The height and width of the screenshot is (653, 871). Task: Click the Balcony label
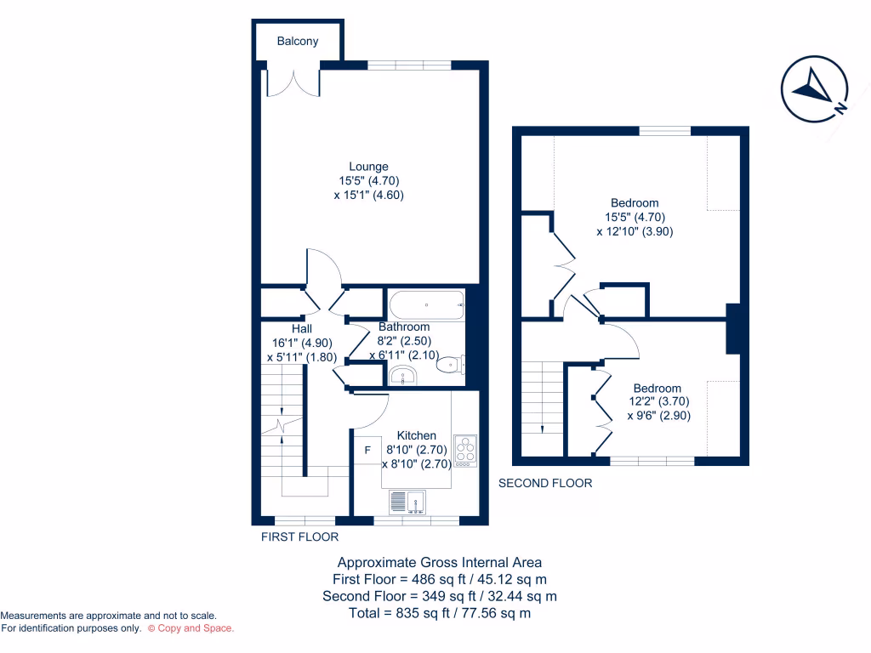coord(298,41)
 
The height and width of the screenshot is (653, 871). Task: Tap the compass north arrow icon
coord(815,88)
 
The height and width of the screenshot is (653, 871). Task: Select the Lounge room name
coord(368,167)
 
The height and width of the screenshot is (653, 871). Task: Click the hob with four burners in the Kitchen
coord(465,451)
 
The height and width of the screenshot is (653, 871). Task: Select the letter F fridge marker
coord(367,450)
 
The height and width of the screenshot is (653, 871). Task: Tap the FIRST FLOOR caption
coord(299,537)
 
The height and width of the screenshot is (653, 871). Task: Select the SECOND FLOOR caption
coord(545,483)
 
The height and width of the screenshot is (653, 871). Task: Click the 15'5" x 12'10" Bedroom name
coord(635,203)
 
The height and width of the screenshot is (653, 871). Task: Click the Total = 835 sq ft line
coord(440,613)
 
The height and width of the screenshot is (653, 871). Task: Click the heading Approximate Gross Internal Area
coord(440,562)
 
